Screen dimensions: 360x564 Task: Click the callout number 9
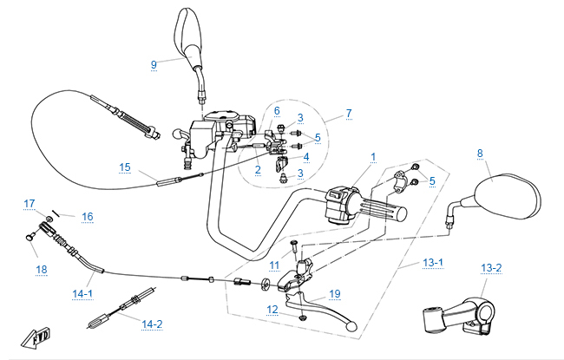pos(154,64)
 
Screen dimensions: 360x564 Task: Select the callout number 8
pos(479,154)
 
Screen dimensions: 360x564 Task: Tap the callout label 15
pos(124,167)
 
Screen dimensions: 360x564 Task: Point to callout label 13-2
pos(491,268)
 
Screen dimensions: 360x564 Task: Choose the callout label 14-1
pos(82,295)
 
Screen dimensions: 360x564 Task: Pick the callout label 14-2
pos(152,324)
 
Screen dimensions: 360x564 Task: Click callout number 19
pos(335,294)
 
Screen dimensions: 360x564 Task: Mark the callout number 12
pos(272,310)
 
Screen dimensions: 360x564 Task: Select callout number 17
pos(29,204)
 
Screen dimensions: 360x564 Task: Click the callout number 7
pos(349,114)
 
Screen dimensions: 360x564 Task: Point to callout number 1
pos(373,158)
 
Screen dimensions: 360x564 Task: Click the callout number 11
pos(273,265)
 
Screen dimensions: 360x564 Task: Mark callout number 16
pos(87,216)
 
